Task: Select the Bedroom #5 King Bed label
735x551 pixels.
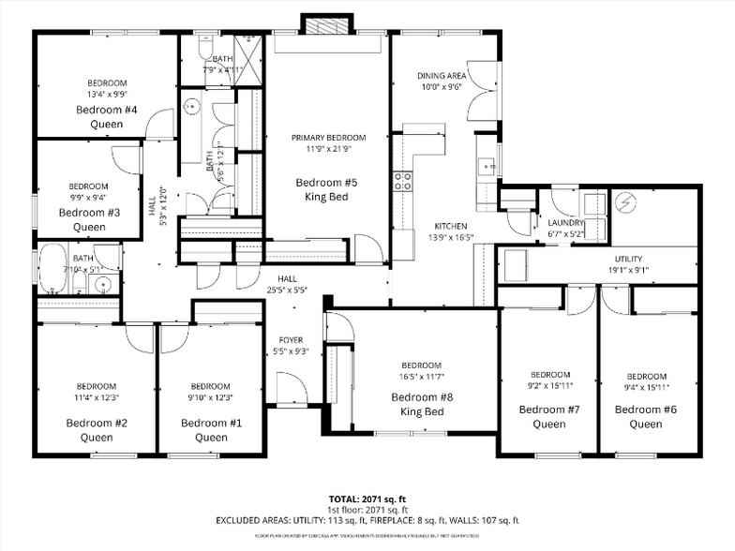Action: click(327, 189)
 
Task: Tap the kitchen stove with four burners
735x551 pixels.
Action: click(403, 181)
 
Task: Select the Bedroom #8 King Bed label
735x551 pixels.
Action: click(421, 404)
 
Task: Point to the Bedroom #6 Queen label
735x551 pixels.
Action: click(645, 416)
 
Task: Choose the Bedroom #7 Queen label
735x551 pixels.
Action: click(549, 416)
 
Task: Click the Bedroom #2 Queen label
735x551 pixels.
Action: click(97, 429)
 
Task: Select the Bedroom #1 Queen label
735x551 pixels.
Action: click(211, 429)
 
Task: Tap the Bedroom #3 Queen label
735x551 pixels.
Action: click(89, 219)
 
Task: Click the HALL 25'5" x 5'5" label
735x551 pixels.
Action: click(287, 284)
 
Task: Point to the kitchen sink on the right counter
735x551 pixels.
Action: click(487, 168)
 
